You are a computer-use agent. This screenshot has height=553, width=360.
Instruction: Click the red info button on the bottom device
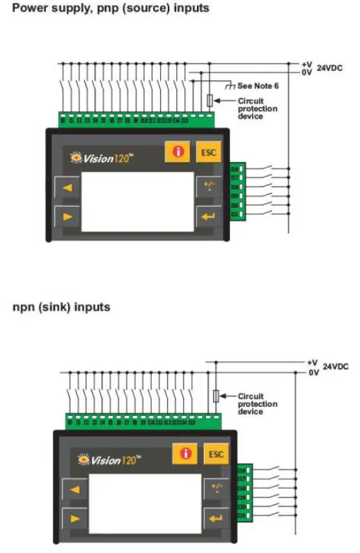[185, 454]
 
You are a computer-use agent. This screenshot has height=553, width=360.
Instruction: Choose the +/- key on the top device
[208, 186]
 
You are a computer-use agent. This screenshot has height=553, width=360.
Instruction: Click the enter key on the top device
[208, 215]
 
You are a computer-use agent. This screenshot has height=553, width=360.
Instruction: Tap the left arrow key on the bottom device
[75, 490]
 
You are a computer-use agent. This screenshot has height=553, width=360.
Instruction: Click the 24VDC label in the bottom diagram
[336, 367]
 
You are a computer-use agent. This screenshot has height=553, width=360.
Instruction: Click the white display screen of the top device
[137, 201]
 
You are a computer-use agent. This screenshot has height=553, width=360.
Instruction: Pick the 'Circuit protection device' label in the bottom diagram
[257, 404]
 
